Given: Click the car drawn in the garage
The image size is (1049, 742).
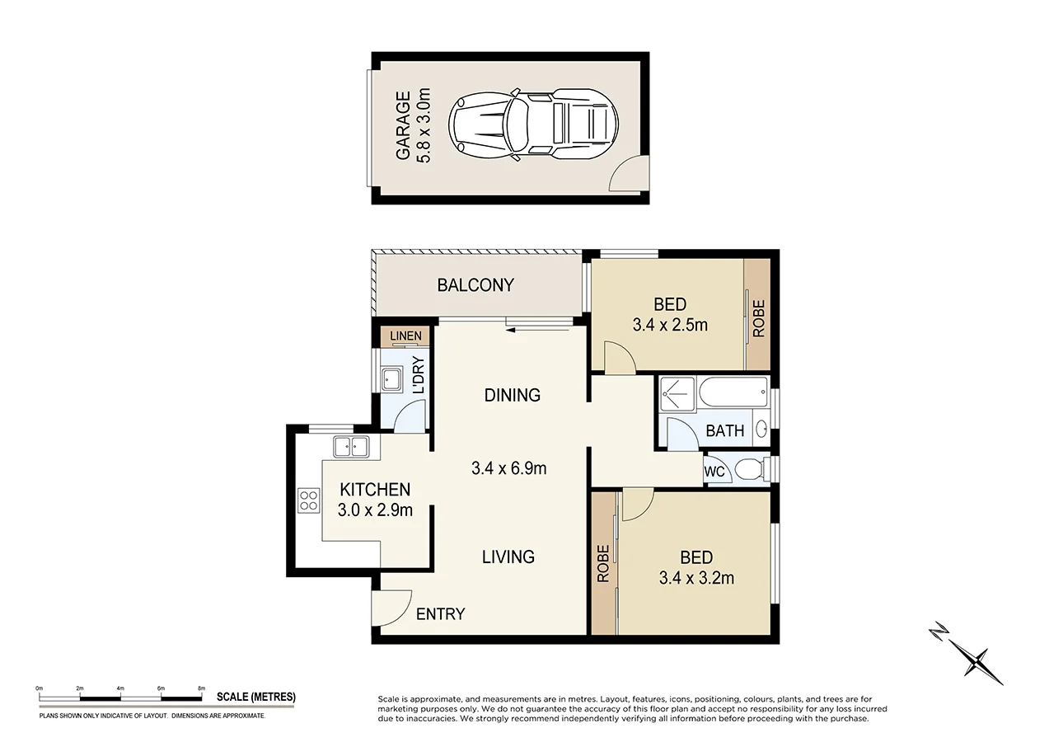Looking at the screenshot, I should pos(532,124).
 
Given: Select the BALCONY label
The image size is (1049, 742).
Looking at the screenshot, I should pos(475,285).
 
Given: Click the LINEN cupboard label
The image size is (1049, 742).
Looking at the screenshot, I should pos(405,336).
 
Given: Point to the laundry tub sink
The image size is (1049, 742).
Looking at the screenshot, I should pos(391,380).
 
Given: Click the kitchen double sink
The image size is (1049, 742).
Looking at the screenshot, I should pos(351,448).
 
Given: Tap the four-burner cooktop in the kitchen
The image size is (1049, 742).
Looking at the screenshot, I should pos(309,500).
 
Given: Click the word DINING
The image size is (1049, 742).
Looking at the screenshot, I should pos(512,395).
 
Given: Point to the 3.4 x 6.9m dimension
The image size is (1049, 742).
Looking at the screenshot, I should pos(508,468).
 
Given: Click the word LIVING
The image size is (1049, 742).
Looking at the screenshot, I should pos(508,556).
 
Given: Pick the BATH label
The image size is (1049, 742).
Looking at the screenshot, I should pos(724,430).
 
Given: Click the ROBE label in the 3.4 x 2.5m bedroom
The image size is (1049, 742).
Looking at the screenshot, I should pos(759,318).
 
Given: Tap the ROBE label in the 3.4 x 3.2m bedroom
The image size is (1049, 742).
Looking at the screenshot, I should pos(603,563).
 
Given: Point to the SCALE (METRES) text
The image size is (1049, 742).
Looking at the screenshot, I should pos(255,697).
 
